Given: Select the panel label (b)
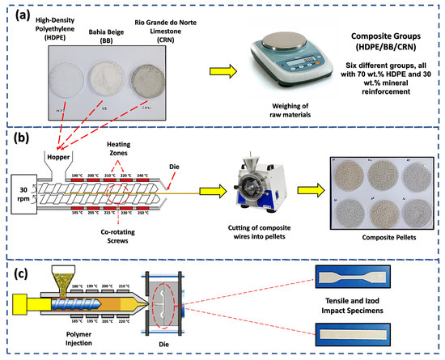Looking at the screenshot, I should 19,136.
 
